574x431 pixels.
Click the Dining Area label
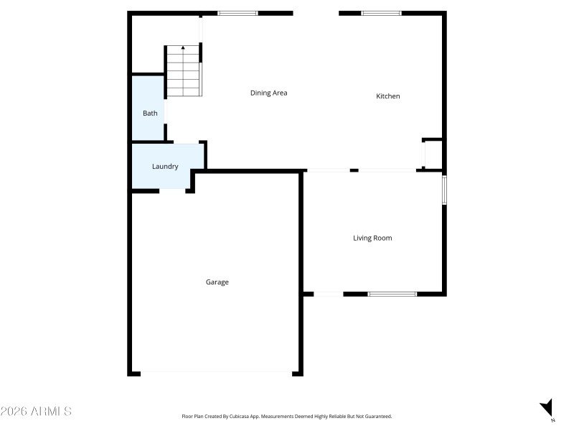pyautogui.click(x=268, y=93)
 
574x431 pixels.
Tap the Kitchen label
pyautogui.click(x=388, y=96)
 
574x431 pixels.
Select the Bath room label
pyautogui.click(x=150, y=113)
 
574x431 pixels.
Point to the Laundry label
pyautogui.click(x=165, y=167)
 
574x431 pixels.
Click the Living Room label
pyautogui.click(x=372, y=238)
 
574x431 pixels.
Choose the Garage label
pyautogui.click(x=217, y=282)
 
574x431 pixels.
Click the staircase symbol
pyautogui.click(x=184, y=71)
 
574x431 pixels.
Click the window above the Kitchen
pyautogui.click(x=381, y=13)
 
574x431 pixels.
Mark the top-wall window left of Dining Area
pyautogui.click(x=237, y=13)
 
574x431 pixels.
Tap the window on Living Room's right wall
pyautogui.click(x=444, y=190)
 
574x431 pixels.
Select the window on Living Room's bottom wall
pyautogui.click(x=392, y=294)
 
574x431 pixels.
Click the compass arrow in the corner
pyautogui.click(x=547, y=407)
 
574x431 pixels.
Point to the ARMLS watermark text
pyautogui.click(x=36, y=412)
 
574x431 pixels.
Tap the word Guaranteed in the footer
pyautogui.click(x=377, y=417)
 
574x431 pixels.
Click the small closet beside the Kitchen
pyautogui.click(x=433, y=154)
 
